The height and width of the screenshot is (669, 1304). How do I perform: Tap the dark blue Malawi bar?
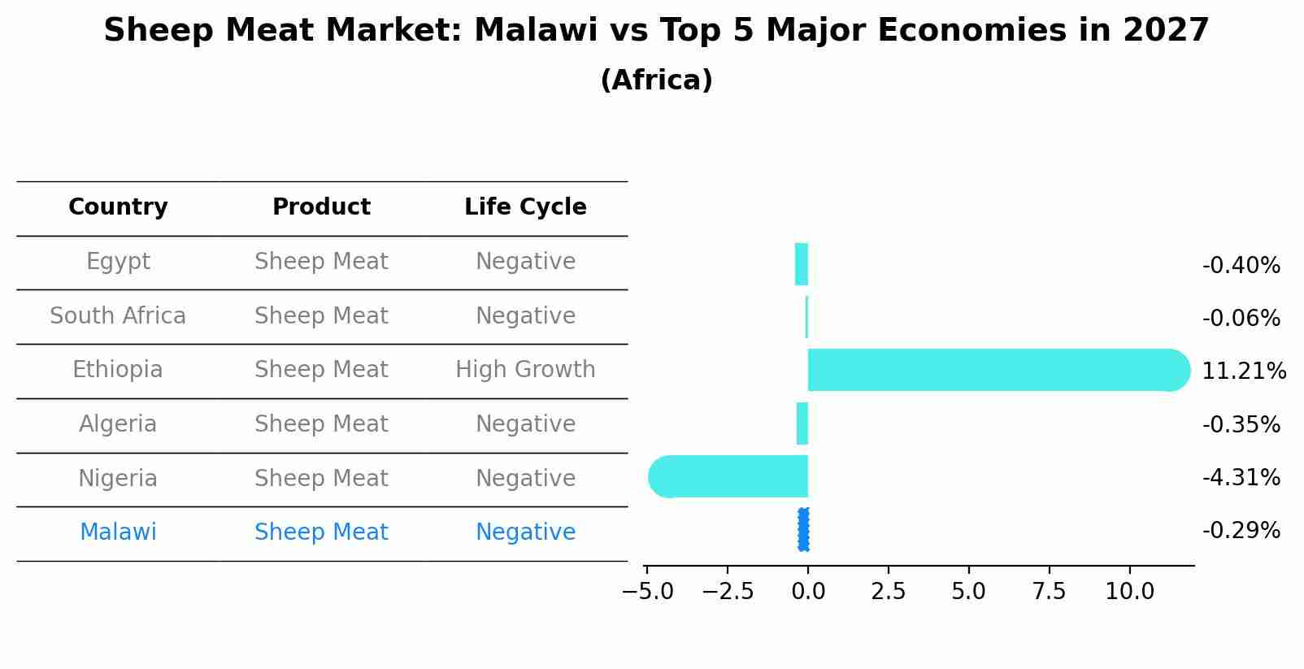pyautogui.click(x=803, y=530)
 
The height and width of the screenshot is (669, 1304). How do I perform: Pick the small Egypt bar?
pyautogui.click(x=802, y=264)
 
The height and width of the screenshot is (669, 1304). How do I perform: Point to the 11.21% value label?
pyautogui.click(x=1243, y=371)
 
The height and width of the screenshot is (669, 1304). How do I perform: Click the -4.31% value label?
pyautogui.click(x=1241, y=478)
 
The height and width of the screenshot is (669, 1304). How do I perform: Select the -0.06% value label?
pyautogui.click(x=1241, y=319)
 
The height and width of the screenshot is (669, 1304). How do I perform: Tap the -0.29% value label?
pyautogui.click(x=1241, y=531)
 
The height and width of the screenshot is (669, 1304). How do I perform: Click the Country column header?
pyautogui.click(x=118, y=207)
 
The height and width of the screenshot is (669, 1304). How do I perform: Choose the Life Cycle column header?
pyautogui.click(x=525, y=207)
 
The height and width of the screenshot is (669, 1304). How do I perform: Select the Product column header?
pyautogui.click(x=321, y=207)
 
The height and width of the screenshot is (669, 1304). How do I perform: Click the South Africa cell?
pyautogui.click(x=118, y=316)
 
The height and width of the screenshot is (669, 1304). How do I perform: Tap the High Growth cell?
pyautogui.click(x=525, y=370)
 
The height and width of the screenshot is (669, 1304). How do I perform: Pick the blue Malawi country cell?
pyautogui.click(x=118, y=532)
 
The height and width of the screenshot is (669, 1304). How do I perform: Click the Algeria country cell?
pyautogui.click(x=118, y=424)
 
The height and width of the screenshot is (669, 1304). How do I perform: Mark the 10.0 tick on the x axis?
pyautogui.click(x=1129, y=592)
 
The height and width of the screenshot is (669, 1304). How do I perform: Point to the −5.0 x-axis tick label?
pyautogui.click(x=647, y=592)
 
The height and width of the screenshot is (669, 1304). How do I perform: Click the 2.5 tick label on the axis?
pyautogui.click(x=888, y=592)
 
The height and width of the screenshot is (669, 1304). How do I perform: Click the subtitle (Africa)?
pyautogui.click(x=656, y=80)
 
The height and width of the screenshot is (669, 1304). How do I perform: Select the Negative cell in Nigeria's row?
pyautogui.click(x=525, y=479)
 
